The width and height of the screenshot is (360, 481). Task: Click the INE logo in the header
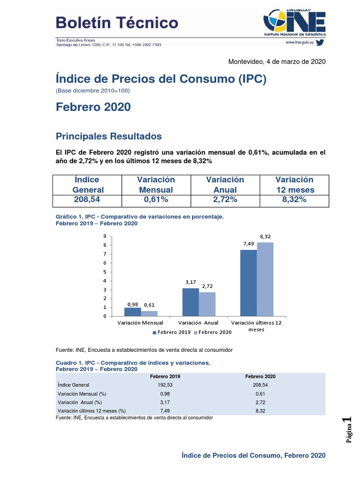tap(294, 23)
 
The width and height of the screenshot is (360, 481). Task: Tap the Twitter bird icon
tap(320, 42)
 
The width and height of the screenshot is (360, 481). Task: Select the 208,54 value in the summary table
tap(87, 199)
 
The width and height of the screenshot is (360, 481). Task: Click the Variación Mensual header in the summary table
tap(156, 185)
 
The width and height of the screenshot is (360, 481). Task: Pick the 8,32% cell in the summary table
tap(294, 199)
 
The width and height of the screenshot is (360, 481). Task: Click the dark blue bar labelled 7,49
tap(248, 283)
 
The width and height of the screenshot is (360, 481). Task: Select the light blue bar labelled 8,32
tap(265, 279)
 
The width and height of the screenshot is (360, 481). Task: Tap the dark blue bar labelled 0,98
tap(133, 312)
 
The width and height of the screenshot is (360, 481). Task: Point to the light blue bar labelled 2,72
tap(207, 304)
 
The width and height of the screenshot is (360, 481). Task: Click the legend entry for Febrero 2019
tap(172, 332)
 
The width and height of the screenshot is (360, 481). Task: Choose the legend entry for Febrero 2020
tap(213, 332)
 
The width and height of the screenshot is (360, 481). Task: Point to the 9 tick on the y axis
tap(105, 236)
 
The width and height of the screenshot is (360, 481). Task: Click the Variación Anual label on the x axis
tap(198, 323)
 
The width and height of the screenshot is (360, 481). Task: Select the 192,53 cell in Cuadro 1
tap(165, 385)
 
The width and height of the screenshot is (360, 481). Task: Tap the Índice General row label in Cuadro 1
tap(74, 385)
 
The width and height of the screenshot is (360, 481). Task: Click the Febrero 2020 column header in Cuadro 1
tap(260, 376)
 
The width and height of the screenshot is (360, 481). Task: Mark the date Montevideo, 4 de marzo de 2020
tap(277, 62)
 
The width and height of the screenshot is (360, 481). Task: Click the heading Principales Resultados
tap(109, 136)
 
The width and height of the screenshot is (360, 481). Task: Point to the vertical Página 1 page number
tap(348, 429)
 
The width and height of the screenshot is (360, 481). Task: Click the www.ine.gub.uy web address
tap(300, 42)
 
